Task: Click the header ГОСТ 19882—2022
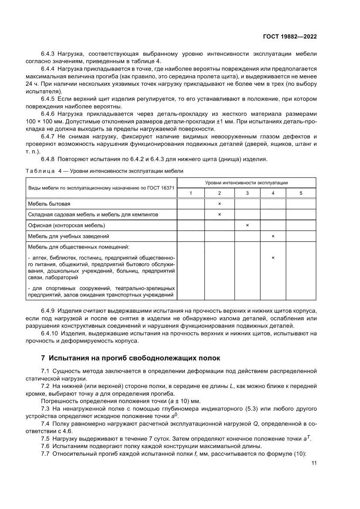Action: click(x=289, y=37)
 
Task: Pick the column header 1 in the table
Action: click(x=190, y=193)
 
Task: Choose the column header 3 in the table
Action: click(x=247, y=193)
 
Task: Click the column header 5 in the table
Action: click(x=301, y=193)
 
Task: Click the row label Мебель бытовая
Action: click(x=49, y=204)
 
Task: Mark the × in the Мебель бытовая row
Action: click(x=219, y=204)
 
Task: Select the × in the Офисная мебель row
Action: click(x=247, y=225)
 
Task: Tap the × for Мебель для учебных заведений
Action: click(x=273, y=236)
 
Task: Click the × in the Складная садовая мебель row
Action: click(x=219, y=215)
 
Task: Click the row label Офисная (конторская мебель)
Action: click(x=67, y=225)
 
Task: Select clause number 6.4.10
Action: click(x=50, y=333)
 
